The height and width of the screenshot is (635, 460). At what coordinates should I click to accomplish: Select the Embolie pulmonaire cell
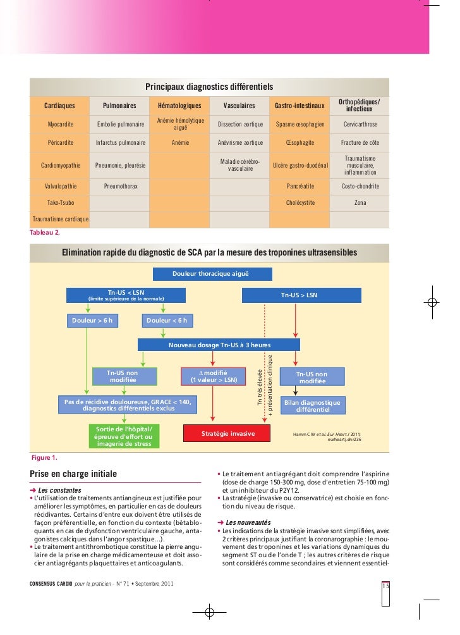(121, 125)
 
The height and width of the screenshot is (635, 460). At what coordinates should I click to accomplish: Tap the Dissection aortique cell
(239, 125)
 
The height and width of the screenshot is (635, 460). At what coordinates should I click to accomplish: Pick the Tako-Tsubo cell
(59, 203)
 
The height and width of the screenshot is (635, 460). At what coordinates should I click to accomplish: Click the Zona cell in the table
(360, 203)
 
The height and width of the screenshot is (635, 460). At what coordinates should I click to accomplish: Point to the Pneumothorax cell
(121, 187)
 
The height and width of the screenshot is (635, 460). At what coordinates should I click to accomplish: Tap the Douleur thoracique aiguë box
(212, 274)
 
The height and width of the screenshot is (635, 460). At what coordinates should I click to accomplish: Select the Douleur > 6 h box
(92, 320)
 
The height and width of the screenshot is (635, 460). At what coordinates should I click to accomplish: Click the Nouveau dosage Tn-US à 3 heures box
(219, 345)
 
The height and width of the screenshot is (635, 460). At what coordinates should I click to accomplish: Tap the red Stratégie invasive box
(227, 434)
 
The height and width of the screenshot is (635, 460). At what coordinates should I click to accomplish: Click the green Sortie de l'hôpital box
(123, 436)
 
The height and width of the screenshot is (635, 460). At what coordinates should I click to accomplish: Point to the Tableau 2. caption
(45, 233)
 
